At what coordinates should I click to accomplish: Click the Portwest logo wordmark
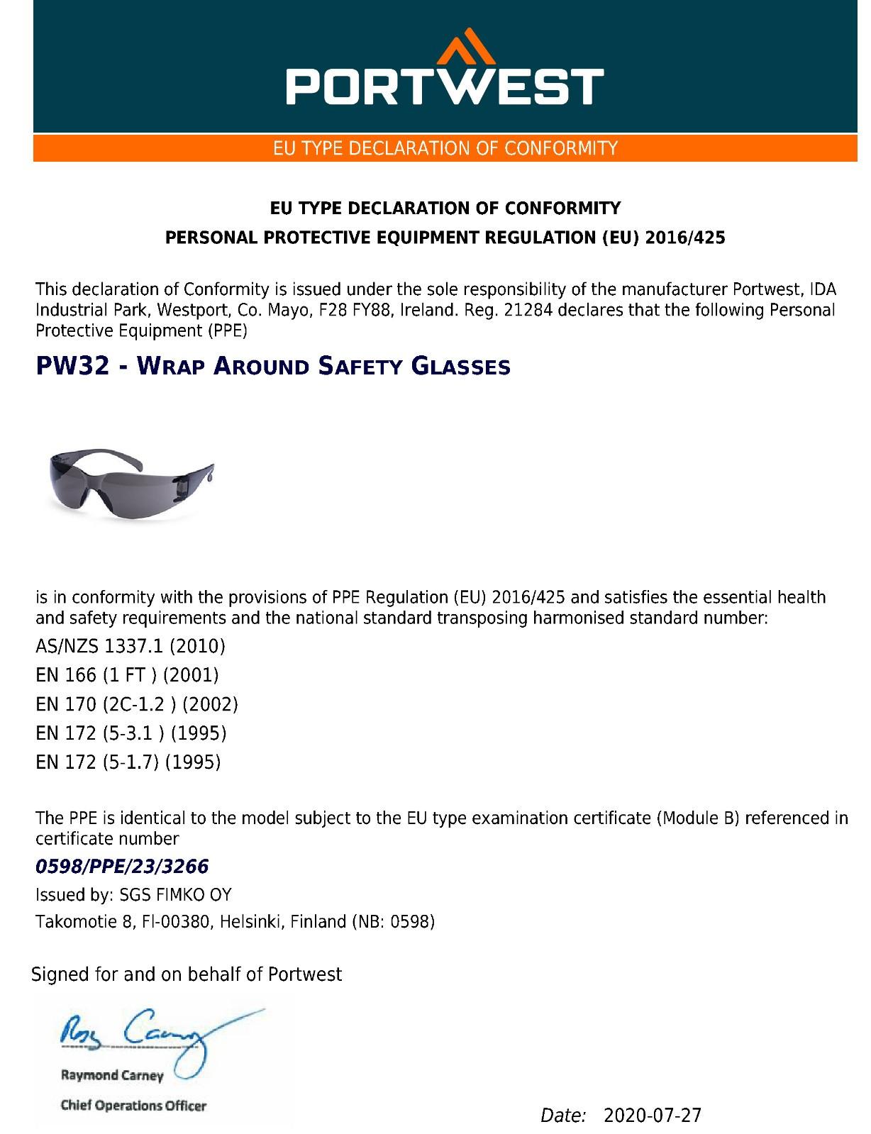coord(445,86)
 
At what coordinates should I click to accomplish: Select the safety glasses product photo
coord(128,482)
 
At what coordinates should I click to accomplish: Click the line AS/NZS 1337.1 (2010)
coord(131,646)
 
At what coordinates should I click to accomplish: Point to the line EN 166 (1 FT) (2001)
coord(127,675)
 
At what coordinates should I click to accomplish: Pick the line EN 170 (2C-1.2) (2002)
coord(137,704)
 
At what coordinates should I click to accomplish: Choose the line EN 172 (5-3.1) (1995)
coord(131,733)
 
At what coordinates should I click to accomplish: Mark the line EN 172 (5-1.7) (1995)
coord(128,762)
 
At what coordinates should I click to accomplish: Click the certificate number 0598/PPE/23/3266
coord(122,866)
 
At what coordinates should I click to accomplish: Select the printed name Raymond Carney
coord(112,1075)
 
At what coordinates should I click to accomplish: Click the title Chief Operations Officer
coord(133,1105)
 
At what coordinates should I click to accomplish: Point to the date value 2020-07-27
coord(652,1116)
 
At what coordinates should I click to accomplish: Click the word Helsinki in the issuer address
coord(251,921)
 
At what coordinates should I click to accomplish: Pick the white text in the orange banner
coord(445,148)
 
